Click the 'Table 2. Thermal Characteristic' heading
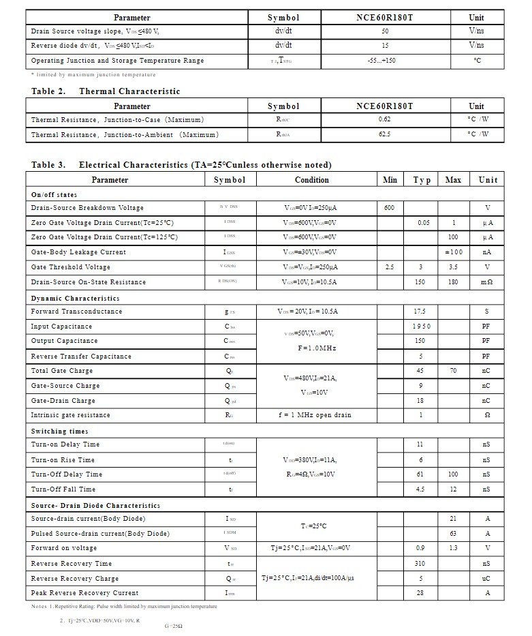(106, 91)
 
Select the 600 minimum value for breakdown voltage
(389, 208)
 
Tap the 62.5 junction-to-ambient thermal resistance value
(384, 134)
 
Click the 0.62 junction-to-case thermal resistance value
(384, 119)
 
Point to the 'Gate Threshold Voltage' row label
(70, 267)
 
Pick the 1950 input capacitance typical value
(420, 327)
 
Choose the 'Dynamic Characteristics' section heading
(75, 299)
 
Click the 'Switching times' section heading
(59, 431)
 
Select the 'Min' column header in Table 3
(390, 180)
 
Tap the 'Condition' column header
(311, 180)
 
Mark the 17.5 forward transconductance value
(420, 312)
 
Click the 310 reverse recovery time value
(420, 564)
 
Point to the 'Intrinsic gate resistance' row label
(70, 415)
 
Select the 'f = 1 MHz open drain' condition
(315, 415)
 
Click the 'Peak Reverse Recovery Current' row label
(84, 593)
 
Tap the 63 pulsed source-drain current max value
(453, 534)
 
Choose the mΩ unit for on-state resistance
(487, 282)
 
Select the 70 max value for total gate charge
(453, 371)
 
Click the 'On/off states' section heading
(54, 195)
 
